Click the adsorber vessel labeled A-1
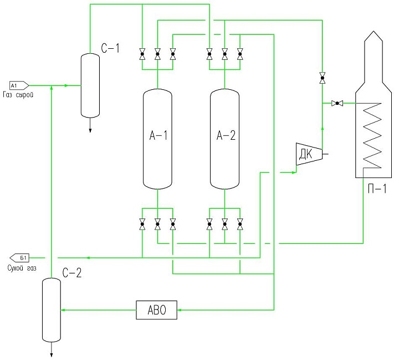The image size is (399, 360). click(157, 139)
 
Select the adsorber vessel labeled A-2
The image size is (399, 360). click(224, 139)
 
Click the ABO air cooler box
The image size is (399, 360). click(157, 310)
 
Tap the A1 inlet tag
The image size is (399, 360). click(18, 85)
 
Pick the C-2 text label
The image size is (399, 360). click(72, 272)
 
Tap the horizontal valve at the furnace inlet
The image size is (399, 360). click(336, 103)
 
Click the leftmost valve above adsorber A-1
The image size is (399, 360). click(142, 54)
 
